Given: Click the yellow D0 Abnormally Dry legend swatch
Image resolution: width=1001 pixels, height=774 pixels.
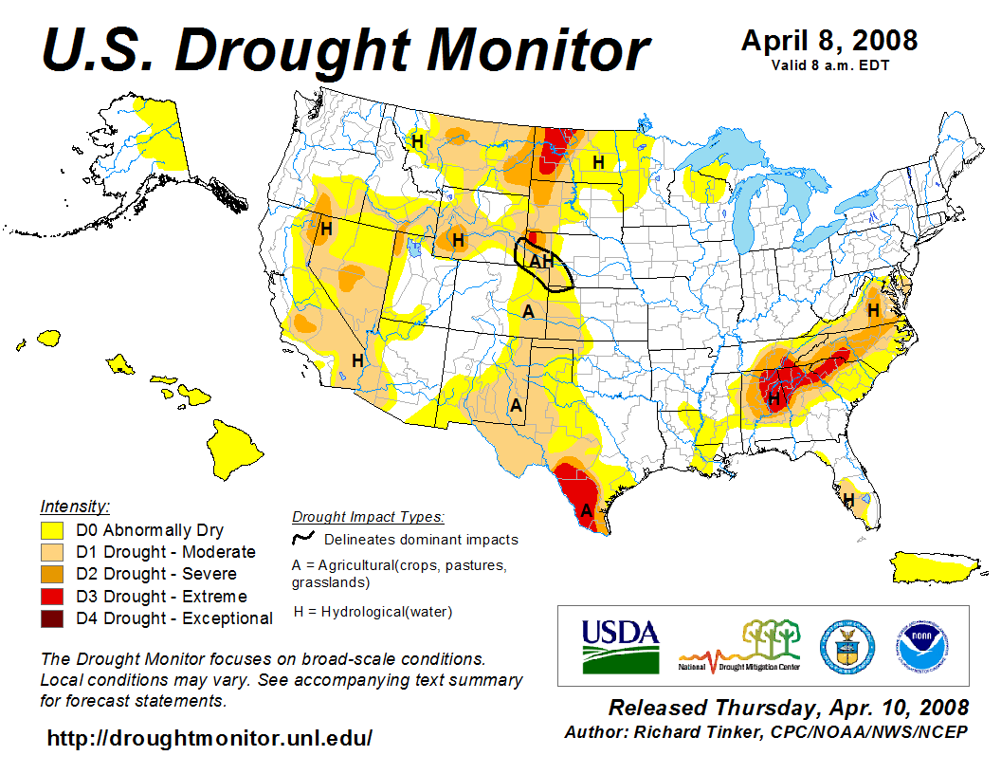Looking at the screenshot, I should (51, 530).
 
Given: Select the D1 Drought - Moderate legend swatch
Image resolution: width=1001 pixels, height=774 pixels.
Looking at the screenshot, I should (51, 552).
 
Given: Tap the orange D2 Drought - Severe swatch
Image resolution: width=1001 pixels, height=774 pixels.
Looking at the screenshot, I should (51, 574).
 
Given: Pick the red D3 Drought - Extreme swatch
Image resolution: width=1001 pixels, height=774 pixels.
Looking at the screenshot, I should (51, 597).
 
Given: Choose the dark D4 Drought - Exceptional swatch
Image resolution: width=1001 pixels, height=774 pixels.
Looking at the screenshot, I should (51, 618).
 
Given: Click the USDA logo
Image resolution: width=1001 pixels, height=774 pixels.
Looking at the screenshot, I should (620, 645).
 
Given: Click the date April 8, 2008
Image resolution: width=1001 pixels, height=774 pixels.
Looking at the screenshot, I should (828, 41).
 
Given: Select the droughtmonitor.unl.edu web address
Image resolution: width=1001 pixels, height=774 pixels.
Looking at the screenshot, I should (209, 737).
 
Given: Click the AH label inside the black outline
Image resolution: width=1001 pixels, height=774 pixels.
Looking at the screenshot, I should (541, 261).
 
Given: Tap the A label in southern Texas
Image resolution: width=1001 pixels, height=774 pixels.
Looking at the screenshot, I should (587, 510).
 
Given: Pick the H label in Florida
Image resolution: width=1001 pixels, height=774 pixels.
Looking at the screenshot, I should (848, 499).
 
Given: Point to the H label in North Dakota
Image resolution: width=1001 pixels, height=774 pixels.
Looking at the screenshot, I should (598, 162).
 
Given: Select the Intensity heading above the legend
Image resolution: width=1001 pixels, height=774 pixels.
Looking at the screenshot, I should (75, 506).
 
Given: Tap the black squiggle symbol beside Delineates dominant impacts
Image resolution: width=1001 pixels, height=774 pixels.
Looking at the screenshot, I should (303, 538).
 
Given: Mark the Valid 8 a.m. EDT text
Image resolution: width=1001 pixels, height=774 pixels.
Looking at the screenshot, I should (828, 64).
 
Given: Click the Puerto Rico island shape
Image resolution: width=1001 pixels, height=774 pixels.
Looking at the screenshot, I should (935, 567).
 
